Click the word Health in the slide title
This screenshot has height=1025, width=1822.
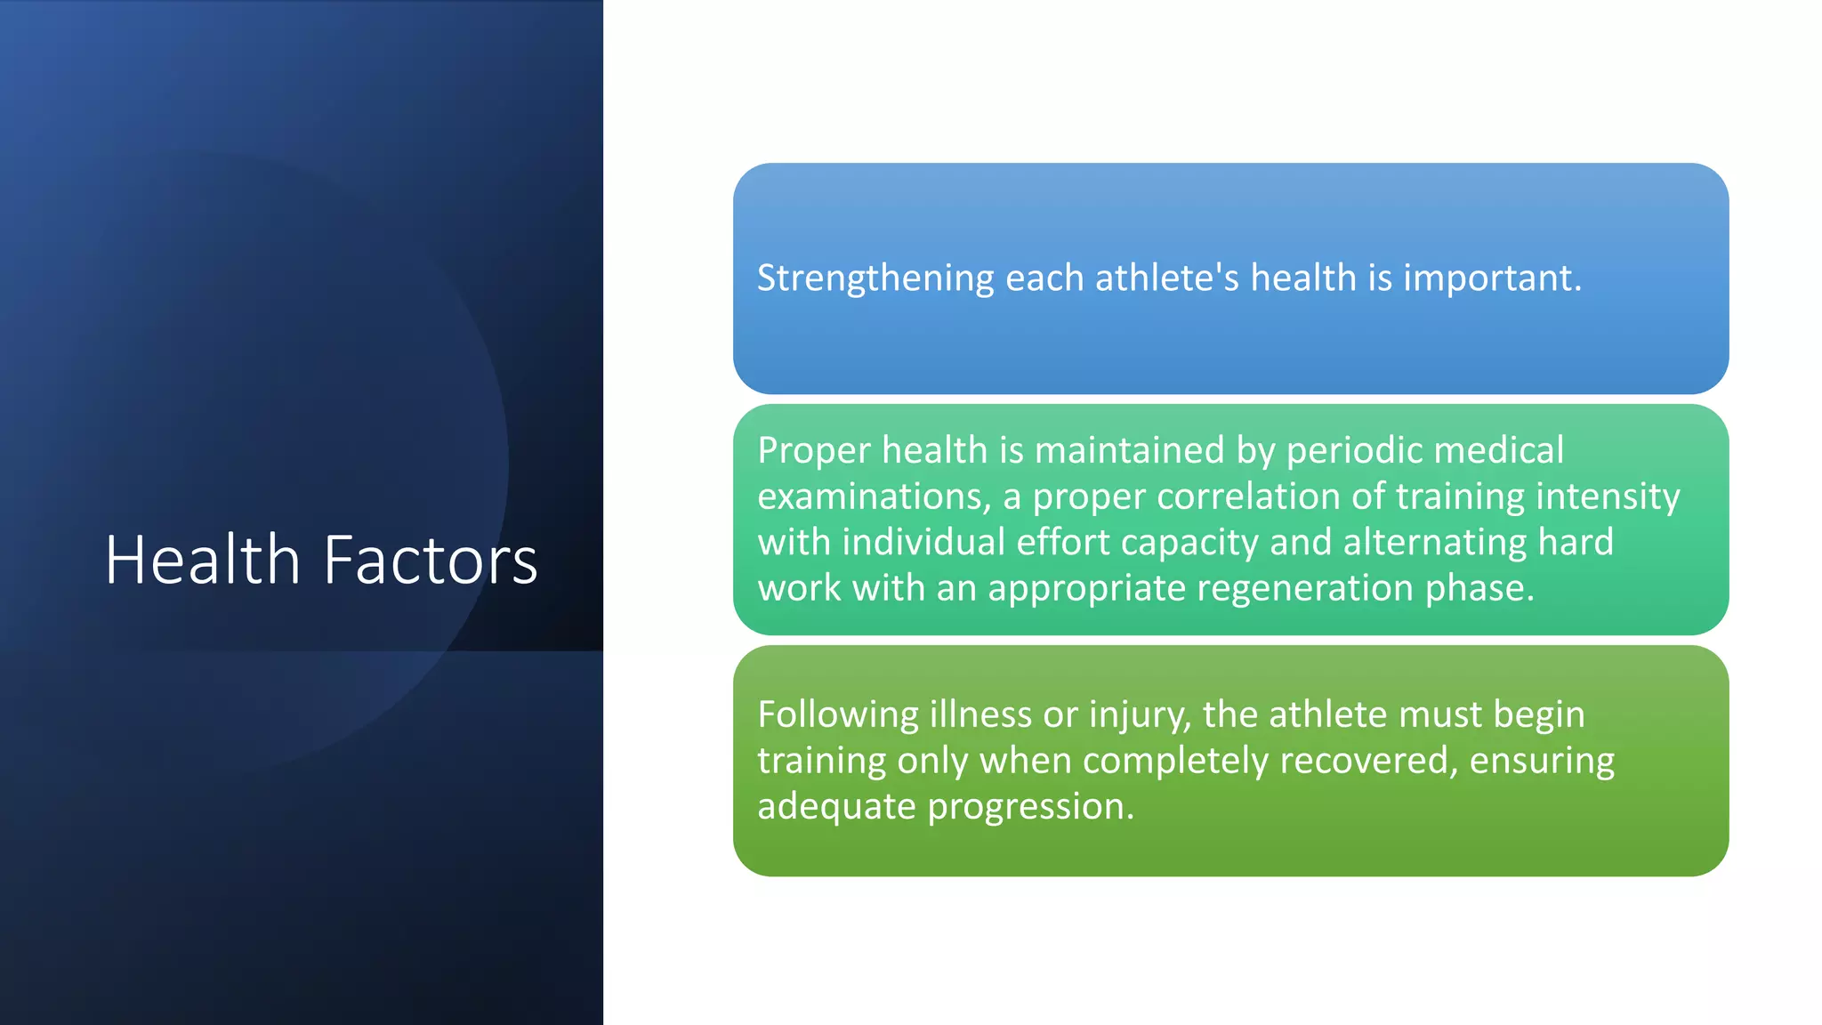click(203, 560)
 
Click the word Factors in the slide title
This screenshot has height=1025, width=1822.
click(431, 560)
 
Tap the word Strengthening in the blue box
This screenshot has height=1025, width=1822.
click(875, 278)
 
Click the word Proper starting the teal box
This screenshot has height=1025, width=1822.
click(814, 450)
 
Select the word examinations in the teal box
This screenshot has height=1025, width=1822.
click(874, 496)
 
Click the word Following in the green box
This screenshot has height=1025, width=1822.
click(838, 715)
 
